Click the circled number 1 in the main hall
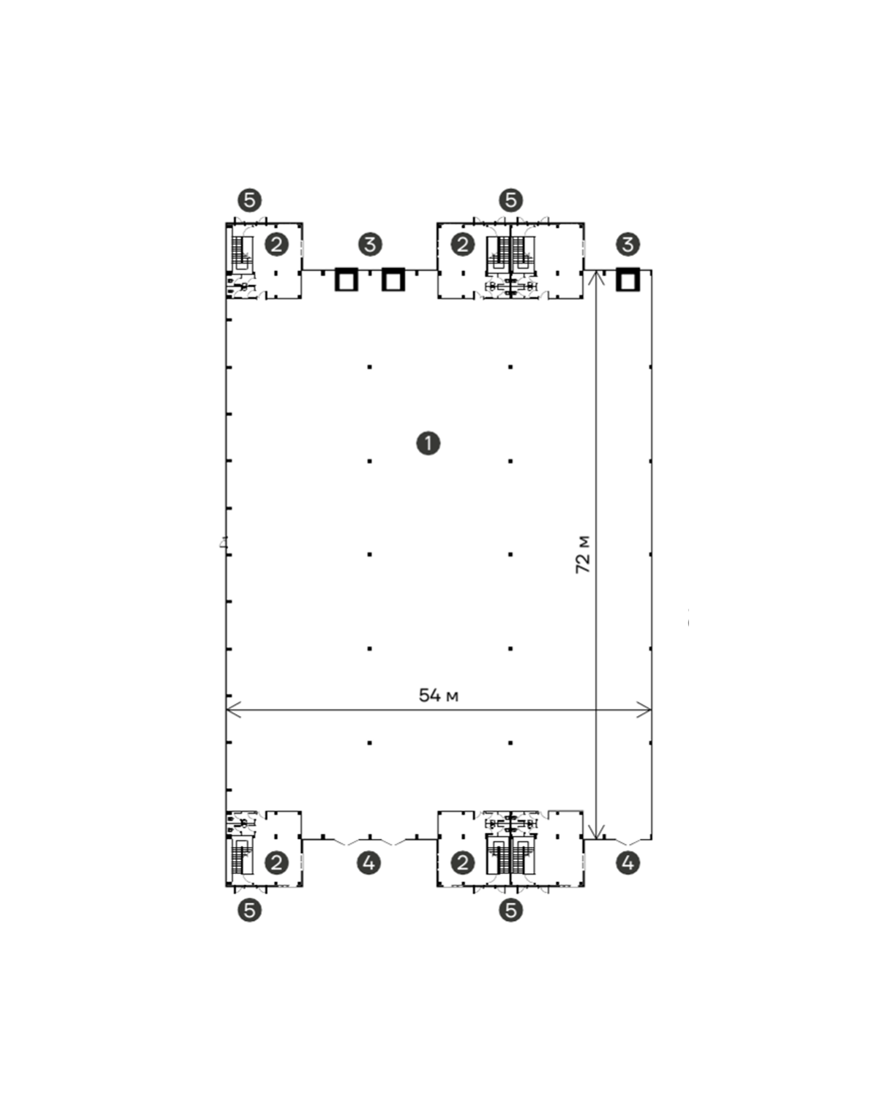point(428,443)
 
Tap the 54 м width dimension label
point(438,696)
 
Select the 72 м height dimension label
point(583,554)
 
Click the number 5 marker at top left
point(249,200)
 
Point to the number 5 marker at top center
point(511,200)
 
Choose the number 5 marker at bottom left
point(249,910)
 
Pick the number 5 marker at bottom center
point(511,910)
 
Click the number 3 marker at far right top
point(628,244)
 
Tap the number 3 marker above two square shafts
point(369,244)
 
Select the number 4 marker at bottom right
point(628,863)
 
